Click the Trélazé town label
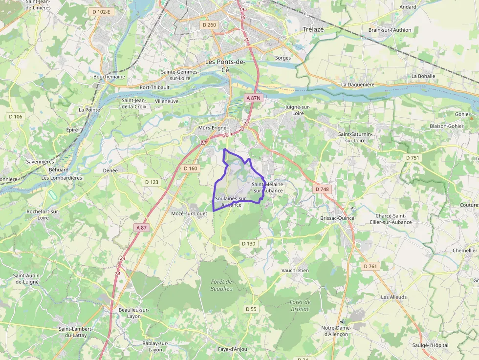click(x=313, y=29)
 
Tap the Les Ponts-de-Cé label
click(x=225, y=65)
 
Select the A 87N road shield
click(x=254, y=98)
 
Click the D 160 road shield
click(x=191, y=169)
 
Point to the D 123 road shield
click(x=152, y=182)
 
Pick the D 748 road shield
click(x=322, y=189)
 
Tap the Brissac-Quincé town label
click(x=337, y=218)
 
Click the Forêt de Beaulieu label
click(x=222, y=285)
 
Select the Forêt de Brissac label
click(x=300, y=305)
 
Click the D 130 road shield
click(x=248, y=243)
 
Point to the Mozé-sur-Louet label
click(x=189, y=213)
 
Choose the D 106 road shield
click(x=16, y=116)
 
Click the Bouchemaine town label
click(x=109, y=77)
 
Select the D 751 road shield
click(x=412, y=158)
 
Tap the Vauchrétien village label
click(x=295, y=270)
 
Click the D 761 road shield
click(x=371, y=266)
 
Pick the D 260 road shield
click(x=209, y=25)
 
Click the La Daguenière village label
click(x=358, y=85)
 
